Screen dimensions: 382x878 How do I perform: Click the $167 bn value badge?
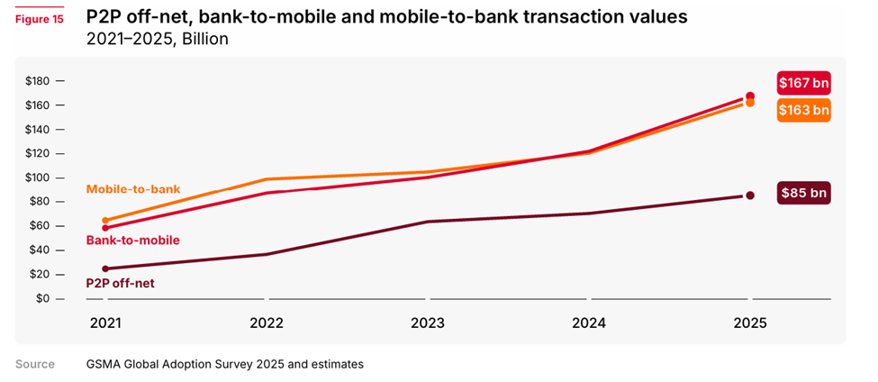tap(802, 83)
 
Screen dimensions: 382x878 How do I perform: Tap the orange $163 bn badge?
tap(802, 110)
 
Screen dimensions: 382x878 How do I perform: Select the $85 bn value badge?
tap(802, 193)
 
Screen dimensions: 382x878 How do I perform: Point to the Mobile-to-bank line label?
tap(133, 189)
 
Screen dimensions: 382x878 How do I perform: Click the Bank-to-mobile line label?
tap(132, 241)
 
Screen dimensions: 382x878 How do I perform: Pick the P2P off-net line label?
tap(121, 282)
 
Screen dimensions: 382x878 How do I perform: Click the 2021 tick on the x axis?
tap(105, 323)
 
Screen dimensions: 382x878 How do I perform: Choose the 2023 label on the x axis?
tap(428, 323)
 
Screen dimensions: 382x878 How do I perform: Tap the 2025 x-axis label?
tap(749, 323)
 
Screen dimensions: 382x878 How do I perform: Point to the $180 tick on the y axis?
tap(40, 81)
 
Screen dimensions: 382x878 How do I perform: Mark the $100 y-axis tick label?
tap(40, 177)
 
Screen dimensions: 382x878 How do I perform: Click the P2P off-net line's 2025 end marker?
tap(749, 196)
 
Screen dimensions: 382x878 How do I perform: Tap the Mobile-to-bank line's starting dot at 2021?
tap(105, 221)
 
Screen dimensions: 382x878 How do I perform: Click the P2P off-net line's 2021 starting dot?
tap(105, 268)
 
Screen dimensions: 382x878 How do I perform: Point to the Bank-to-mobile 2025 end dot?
tap(749, 96)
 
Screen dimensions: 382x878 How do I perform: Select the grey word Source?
tap(35, 364)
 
